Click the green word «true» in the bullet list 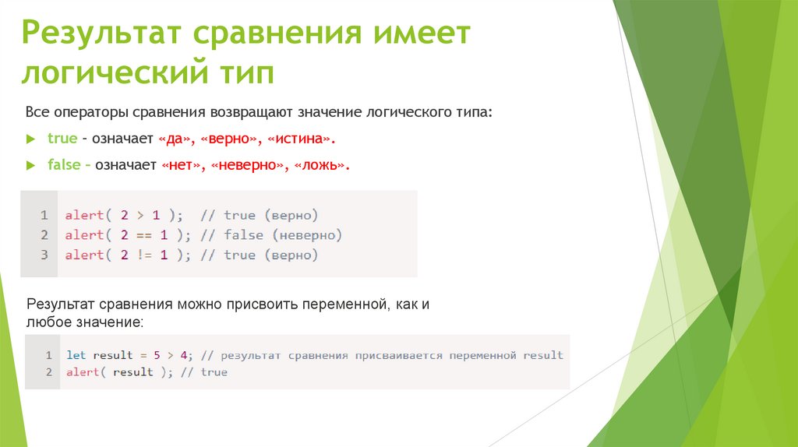[62, 139]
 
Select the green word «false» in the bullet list [64, 165]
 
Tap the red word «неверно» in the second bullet [246, 165]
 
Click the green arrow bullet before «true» [30, 139]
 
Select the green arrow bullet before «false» [30, 165]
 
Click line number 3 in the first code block [44, 255]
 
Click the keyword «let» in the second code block [76, 355]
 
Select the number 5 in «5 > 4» [157, 355]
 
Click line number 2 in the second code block [48, 372]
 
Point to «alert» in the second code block [82, 372]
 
